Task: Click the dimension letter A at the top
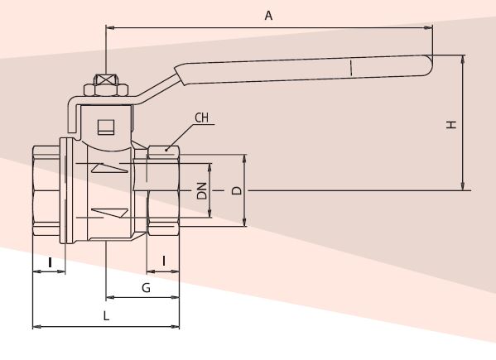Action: (x=268, y=15)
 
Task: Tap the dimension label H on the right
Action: (x=451, y=124)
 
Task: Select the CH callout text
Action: (x=201, y=118)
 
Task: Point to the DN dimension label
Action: (x=201, y=190)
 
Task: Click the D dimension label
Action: (x=237, y=190)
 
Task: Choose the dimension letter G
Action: (x=146, y=288)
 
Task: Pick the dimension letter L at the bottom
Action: (x=106, y=315)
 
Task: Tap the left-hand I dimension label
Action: (x=50, y=262)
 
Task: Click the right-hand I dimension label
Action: (x=164, y=261)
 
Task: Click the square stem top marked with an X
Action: (x=106, y=79)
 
